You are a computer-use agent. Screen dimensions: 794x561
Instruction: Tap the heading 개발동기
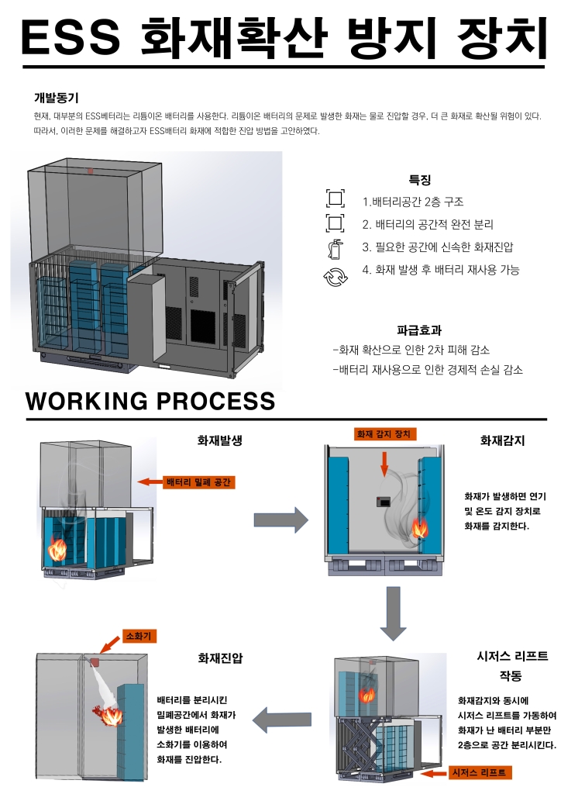click(x=57, y=98)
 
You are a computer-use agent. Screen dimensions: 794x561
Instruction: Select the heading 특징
click(x=419, y=180)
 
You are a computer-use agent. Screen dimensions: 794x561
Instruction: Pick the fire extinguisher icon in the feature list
click(x=335, y=249)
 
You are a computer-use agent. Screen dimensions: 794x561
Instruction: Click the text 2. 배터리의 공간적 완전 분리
click(x=428, y=225)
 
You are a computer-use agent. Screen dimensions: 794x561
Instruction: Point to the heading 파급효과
click(x=418, y=330)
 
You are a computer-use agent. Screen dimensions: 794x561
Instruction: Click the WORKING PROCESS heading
click(x=150, y=401)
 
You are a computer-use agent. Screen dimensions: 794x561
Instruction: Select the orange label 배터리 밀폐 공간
click(x=199, y=482)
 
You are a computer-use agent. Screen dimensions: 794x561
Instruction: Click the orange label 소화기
click(x=139, y=636)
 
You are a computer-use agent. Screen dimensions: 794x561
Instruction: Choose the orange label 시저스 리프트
click(x=480, y=772)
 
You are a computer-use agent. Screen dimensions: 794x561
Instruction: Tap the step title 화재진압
click(x=220, y=658)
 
